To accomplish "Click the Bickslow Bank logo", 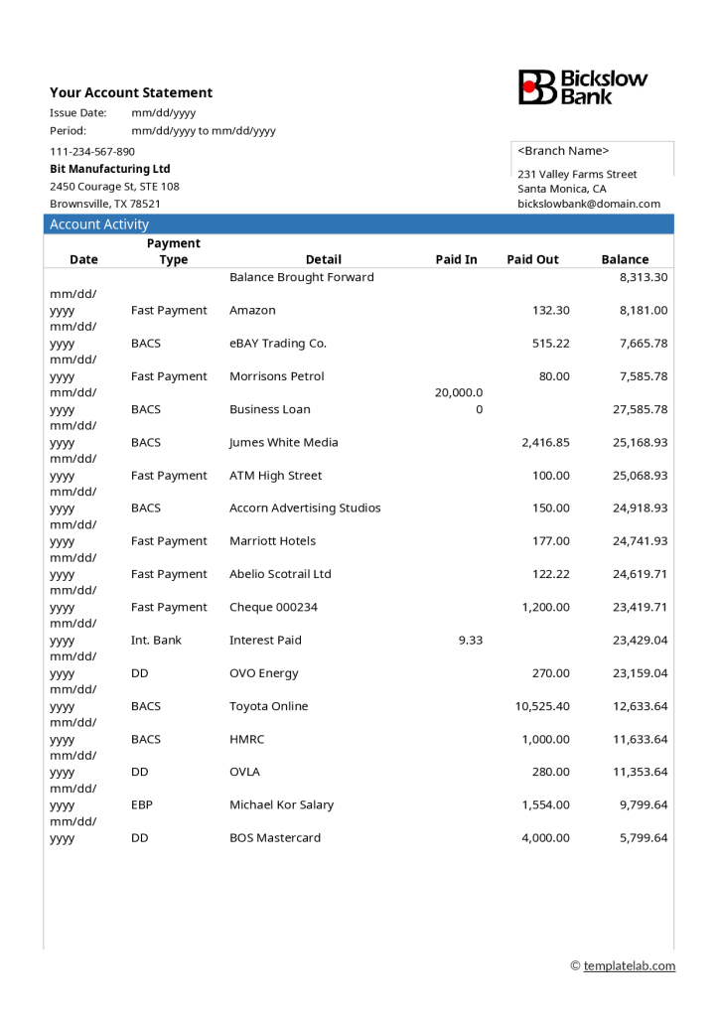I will click(583, 87).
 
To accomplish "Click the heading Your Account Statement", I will click(131, 92).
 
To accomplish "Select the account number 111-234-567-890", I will click(92, 152).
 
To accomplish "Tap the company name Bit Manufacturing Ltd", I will click(110, 169).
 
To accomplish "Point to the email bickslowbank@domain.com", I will click(588, 204).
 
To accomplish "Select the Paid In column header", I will click(456, 259).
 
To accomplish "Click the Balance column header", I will click(625, 259).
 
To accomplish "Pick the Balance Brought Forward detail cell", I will click(302, 277).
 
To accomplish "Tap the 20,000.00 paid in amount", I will click(459, 400).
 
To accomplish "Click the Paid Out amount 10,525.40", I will click(542, 706).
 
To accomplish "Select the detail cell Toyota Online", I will click(269, 706).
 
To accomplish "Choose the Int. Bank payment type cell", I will click(156, 641).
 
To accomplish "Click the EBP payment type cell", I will click(142, 804).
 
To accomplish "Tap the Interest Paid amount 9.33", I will click(471, 641).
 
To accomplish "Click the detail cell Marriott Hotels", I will click(273, 541).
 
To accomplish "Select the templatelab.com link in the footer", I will click(629, 966).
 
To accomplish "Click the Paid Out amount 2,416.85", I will click(545, 443).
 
